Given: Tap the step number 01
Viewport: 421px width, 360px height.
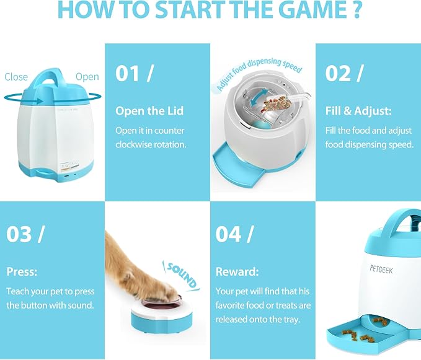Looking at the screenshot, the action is pyautogui.click(x=127, y=74).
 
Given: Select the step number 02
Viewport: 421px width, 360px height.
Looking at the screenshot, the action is pyautogui.click(x=337, y=74).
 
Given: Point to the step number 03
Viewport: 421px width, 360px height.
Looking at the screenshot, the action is pyautogui.click(x=19, y=234).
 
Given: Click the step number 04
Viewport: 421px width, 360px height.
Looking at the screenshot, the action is pyautogui.click(x=228, y=234).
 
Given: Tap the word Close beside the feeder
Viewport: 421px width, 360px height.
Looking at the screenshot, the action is pyautogui.click(x=16, y=77).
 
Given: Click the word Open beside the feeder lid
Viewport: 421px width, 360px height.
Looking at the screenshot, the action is pyautogui.click(x=87, y=77).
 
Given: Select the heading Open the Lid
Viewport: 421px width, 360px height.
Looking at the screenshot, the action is pyautogui.click(x=149, y=111).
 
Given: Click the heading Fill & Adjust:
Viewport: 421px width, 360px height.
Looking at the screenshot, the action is pyautogui.click(x=358, y=111).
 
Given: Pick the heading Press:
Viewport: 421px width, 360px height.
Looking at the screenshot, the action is pyautogui.click(x=22, y=272).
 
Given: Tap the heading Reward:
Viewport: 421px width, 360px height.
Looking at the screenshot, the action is pyautogui.click(x=237, y=272).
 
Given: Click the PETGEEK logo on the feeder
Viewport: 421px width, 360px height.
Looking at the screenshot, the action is pyautogui.click(x=381, y=269).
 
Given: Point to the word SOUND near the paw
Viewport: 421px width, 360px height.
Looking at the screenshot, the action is pyautogui.click(x=182, y=275).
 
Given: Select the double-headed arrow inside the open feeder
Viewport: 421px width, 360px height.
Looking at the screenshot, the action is pyautogui.click(x=259, y=98).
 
